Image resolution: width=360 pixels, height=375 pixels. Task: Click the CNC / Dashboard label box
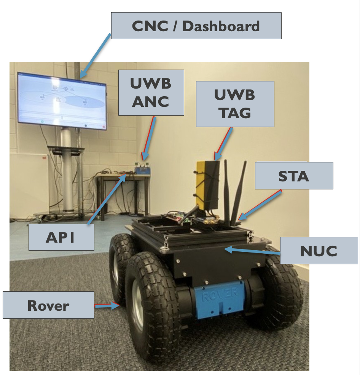coord(196,26)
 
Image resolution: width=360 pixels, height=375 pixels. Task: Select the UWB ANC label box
coord(151,92)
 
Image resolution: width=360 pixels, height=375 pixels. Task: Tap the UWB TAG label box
coord(235,104)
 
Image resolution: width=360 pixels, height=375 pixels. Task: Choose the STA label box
coord(294,176)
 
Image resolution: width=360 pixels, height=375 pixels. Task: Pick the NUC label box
coord(319,251)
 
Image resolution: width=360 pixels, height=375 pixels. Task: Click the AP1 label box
coord(61,237)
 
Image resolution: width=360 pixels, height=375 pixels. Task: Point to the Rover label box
coord(48,305)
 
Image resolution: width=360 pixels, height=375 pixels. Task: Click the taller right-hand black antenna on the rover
coord(239,190)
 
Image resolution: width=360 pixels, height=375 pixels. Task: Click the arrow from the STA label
coord(261,206)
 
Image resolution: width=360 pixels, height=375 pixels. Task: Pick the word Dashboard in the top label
coord(221,26)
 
